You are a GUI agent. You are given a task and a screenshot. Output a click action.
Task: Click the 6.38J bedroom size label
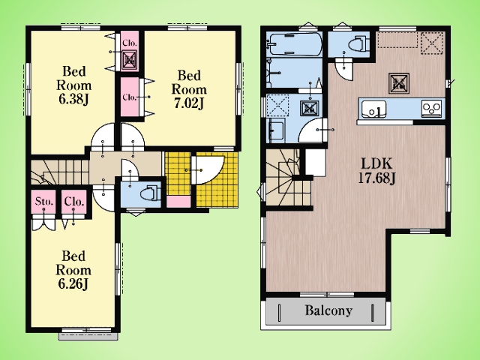[x=73, y=100]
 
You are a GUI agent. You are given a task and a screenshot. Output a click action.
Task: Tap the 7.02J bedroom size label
[x=189, y=103]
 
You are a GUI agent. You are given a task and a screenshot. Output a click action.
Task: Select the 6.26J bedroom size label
[x=73, y=284]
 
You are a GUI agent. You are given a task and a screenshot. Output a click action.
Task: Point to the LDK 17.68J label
[x=376, y=172]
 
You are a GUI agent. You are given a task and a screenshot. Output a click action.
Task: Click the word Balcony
[x=328, y=310]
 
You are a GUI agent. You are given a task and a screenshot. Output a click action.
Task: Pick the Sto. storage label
[x=44, y=202]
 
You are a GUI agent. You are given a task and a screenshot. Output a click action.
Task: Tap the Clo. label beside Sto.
[x=73, y=202]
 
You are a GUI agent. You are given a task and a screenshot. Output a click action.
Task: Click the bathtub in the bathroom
[x=294, y=44]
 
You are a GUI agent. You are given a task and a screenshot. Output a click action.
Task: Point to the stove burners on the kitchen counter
[x=432, y=108]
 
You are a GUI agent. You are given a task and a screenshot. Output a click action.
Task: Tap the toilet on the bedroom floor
[x=151, y=193]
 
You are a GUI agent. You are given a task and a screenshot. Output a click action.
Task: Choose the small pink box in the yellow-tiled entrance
[x=178, y=202]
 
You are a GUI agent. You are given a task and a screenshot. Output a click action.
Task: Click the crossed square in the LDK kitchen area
[x=399, y=83]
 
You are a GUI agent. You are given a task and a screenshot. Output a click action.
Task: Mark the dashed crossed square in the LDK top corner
[x=432, y=43]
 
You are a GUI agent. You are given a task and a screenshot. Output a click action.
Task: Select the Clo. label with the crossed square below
[x=130, y=43]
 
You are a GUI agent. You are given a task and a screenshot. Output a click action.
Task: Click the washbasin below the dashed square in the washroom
[x=277, y=130]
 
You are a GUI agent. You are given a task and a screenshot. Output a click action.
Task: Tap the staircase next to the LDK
[x=288, y=178]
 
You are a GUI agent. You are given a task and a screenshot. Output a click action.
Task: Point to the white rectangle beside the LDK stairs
[x=316, y=162]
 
